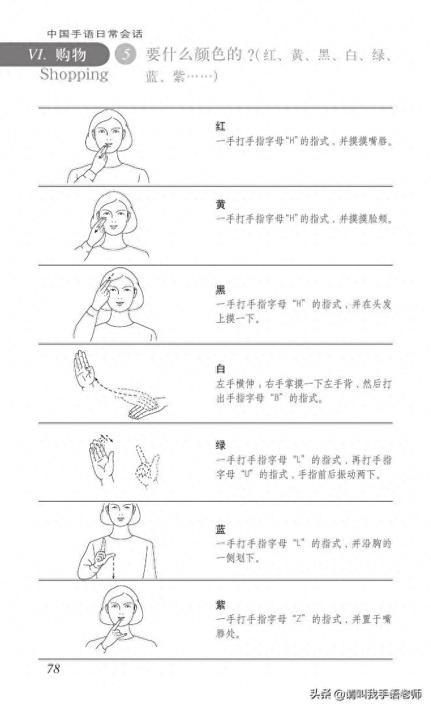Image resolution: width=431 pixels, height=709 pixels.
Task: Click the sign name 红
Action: (220, 125)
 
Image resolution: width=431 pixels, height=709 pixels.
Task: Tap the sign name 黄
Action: (220, 204)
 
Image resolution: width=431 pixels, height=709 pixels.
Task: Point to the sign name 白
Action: (220, 369)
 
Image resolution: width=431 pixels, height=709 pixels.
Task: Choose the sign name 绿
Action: (220, 445)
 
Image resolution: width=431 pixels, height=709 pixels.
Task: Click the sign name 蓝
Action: (220, 528)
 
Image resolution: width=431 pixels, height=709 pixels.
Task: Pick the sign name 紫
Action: (220, 604)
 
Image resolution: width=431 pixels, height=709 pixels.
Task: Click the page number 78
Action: (53, 669)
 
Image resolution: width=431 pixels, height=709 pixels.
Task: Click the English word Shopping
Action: (74, 74)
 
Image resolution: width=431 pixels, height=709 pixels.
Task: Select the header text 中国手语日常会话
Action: (95, 34)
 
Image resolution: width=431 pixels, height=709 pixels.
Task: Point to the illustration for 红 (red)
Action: (108, 146)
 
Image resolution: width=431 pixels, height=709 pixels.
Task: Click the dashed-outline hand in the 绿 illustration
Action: (146, 466)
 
